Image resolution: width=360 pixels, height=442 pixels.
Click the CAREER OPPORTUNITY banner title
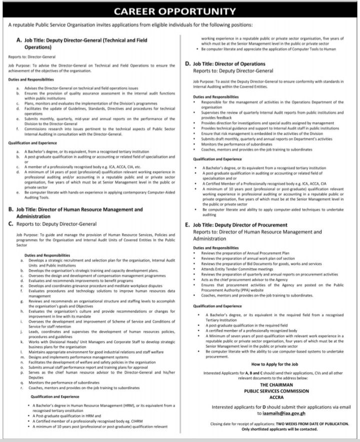[179, 10]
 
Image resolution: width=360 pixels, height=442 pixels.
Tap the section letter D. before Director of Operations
[188, 64]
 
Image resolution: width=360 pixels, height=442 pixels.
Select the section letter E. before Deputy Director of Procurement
[188, 225]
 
